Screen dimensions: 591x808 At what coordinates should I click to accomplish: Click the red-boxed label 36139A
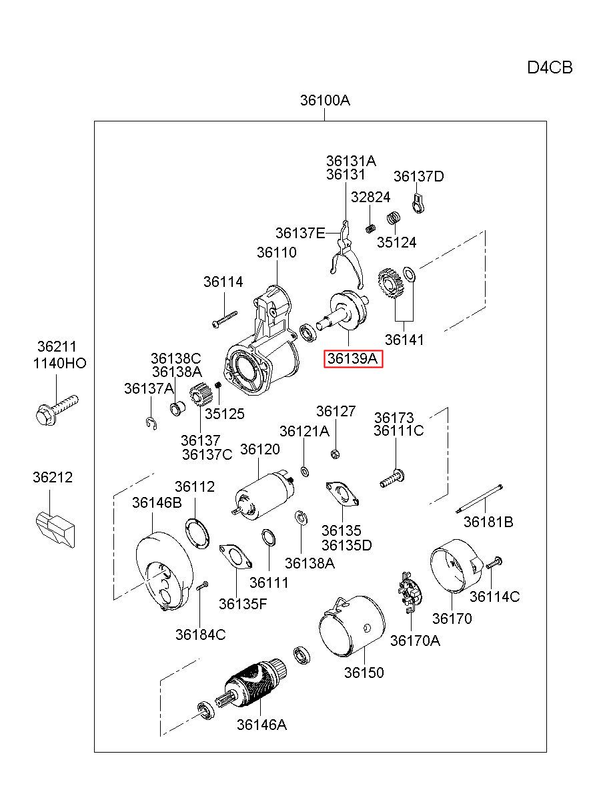[x=352, y=358]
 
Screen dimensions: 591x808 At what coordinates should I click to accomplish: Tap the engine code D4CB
[x=549, y=67]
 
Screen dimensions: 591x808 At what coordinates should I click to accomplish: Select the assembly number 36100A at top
[x=325, y=100]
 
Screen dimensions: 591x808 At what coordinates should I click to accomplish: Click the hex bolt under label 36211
[x=57, y=410]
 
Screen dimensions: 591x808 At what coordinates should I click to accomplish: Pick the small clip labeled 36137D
[x=418, y=204]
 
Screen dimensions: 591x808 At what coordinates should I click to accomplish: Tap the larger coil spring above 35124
[x=394, y=218]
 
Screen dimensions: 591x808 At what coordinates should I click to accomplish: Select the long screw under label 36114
[x=225, y=319]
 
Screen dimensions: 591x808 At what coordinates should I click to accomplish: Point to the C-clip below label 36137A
[x=152, y=423]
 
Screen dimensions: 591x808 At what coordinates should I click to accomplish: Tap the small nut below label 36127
[x=335, y=454]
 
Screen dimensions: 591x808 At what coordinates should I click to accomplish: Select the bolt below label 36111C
[x=392, y=478]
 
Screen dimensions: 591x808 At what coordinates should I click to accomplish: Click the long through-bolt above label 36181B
[x=479, y=498]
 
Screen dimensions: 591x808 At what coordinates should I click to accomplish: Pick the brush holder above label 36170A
[x=410, y=592]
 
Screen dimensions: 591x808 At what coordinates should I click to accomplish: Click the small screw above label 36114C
[x=494, y=562]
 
